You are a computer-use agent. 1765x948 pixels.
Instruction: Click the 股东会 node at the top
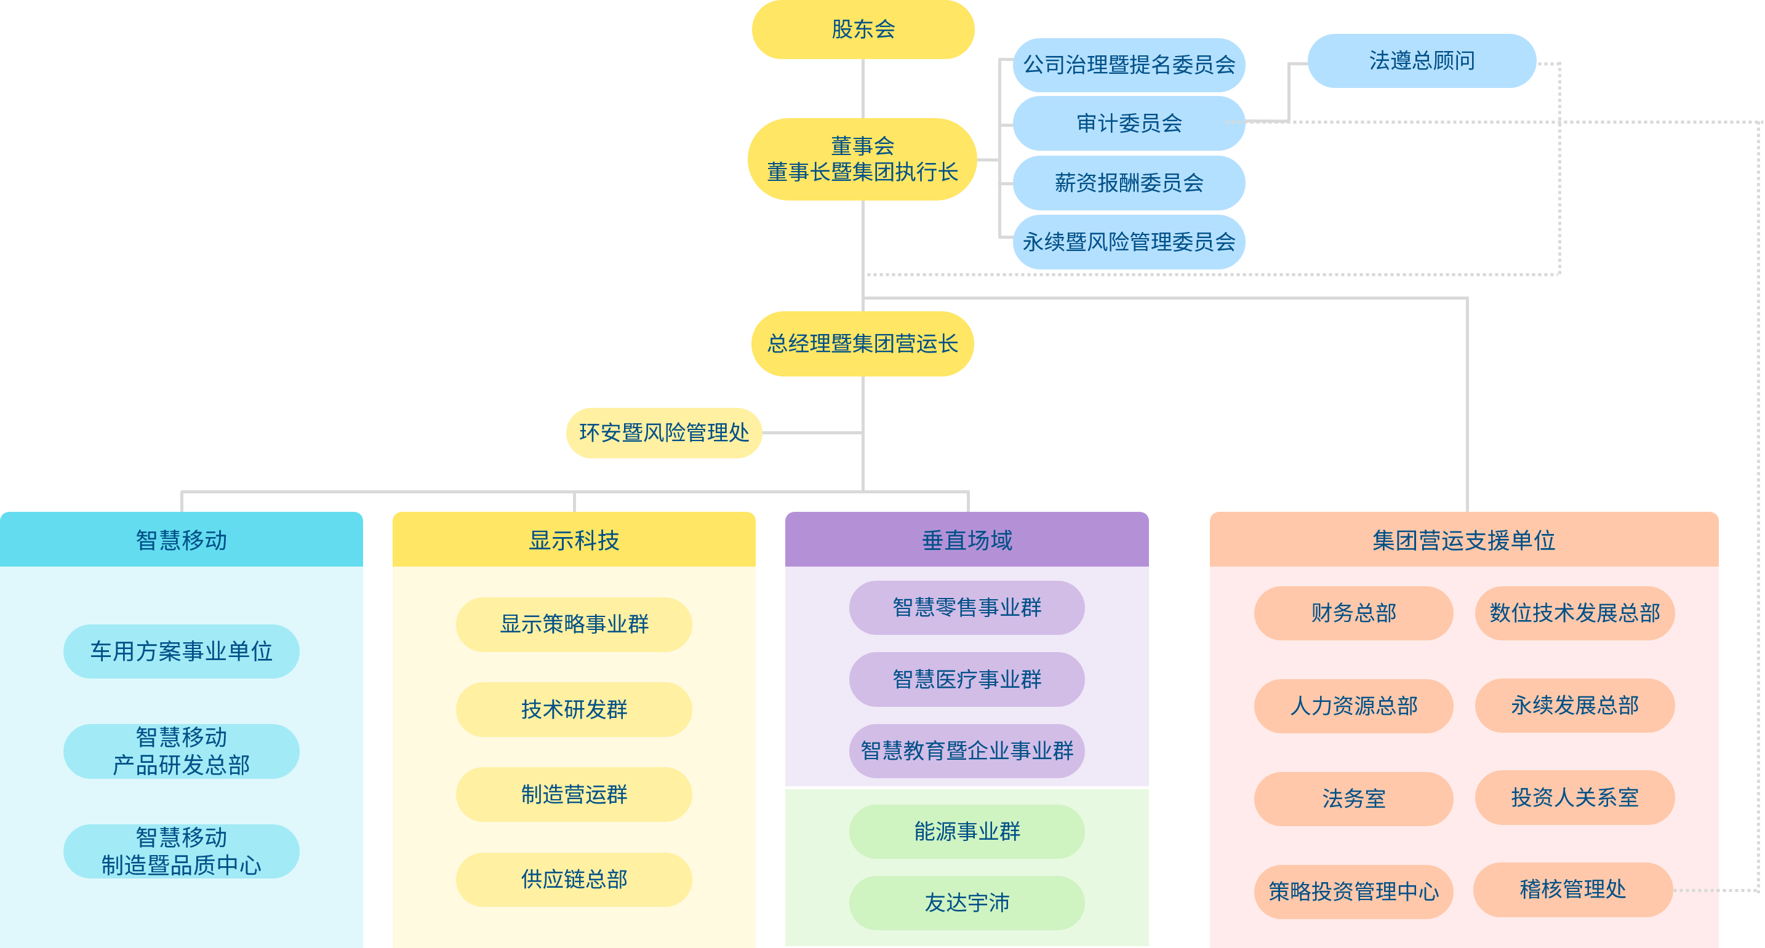coord(863,30)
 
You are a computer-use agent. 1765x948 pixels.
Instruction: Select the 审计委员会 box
coord(1129,123)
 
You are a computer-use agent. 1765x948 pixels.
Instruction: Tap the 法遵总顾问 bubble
coord(1421,61)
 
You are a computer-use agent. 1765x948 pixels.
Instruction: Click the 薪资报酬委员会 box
coord(1129,183)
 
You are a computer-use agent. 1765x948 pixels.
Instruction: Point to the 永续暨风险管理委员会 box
coord(1129,242)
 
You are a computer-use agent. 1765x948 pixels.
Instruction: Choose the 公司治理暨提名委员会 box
coord(1129,65)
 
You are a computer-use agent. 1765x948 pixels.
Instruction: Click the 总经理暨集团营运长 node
coord(862,344)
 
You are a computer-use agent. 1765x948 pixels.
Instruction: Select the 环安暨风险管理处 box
coord(663,433)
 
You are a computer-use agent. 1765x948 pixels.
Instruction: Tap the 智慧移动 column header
coord(181,541)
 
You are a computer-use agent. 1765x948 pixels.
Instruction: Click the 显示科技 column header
coord(574,541)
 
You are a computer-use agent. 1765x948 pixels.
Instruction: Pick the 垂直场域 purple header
coord(966,541)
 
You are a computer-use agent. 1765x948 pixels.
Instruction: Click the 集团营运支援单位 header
coord(1463,541)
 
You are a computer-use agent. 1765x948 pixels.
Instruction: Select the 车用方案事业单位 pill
coord(181,651)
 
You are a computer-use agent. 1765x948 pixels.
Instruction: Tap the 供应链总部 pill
coord(574,880)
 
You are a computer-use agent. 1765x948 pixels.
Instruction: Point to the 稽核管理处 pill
coord(1572,889)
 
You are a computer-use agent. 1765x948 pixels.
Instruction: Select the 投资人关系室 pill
coord(1574,797)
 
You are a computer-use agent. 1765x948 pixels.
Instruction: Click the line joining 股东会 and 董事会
coord(863,89)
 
